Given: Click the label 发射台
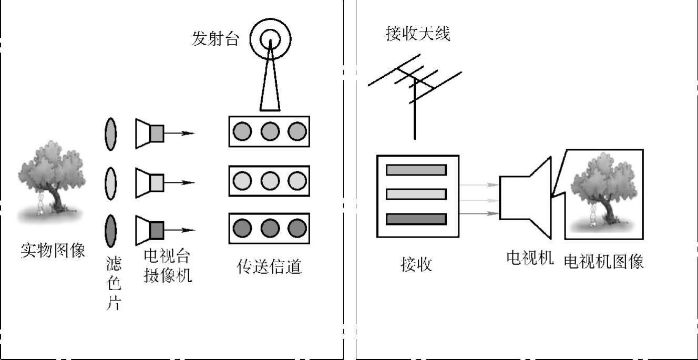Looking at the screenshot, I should [x=215, y=39].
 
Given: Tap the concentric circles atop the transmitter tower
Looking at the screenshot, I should [x=270, y=38].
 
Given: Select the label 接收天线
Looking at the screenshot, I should [x=418, y=34].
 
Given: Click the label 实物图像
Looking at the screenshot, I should [x=53, y=251].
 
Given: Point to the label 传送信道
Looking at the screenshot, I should [x=269, y=266].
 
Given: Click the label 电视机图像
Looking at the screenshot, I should [x=604, y=262].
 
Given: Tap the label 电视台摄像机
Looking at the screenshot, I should [x=167, y=266].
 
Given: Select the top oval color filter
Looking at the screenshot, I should [x=110, y=134].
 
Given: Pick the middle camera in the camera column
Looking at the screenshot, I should [x=150, y=182].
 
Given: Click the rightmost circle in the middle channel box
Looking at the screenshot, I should [x=296, y=181].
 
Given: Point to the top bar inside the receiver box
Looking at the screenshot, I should [x=416, y=170].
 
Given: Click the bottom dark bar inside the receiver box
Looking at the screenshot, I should [x=416, y=219].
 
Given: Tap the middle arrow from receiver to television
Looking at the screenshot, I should [x=479, y=200].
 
